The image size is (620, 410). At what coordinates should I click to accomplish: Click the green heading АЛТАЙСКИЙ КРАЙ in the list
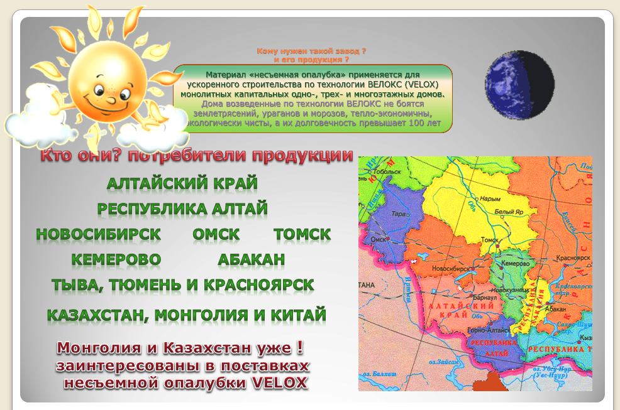(182, 183)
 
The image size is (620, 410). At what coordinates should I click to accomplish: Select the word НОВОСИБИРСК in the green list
(99, 234)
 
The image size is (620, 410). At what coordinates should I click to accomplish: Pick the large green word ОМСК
(216, 234)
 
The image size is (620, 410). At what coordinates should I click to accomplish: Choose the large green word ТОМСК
(302, 234)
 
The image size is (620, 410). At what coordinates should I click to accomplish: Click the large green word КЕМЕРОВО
(116, 259)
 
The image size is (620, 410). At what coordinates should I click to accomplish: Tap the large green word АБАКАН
(252, 259)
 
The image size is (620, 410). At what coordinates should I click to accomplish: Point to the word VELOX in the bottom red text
(281, 382)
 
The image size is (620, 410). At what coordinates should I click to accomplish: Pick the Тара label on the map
(399, 213)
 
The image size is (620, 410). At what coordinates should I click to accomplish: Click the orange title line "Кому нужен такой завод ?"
(311, 50)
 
